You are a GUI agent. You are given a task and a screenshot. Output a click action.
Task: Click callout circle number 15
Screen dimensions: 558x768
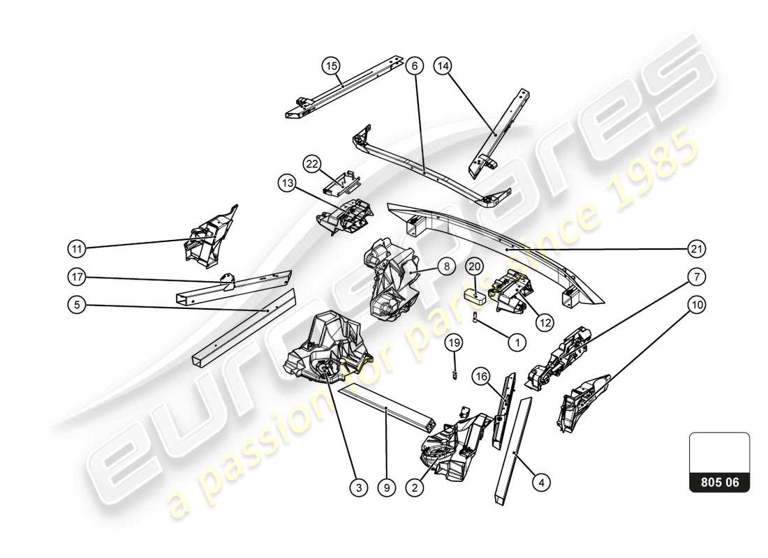tap(330, 66)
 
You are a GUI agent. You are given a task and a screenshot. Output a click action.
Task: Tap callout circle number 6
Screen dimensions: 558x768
tap(414, 66)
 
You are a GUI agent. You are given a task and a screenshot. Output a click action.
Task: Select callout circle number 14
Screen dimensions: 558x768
tap(443, 66)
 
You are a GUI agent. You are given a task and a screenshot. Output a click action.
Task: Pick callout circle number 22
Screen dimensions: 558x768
tap(312, 164)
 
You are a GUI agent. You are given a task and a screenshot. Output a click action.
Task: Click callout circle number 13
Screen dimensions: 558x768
tap(287, 183)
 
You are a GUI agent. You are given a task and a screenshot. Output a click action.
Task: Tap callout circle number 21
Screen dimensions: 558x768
tap(696, 248)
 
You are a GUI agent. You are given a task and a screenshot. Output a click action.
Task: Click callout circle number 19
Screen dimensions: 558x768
tap(455, 342)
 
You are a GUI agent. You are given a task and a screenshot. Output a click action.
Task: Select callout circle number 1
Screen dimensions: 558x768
tap(517, 342)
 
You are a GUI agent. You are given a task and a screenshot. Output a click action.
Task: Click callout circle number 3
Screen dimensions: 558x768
tap(358, 489)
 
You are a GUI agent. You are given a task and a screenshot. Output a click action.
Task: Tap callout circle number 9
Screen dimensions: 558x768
tap(386, 489)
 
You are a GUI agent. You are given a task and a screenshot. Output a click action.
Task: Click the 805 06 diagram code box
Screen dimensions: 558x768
tap(719, 482)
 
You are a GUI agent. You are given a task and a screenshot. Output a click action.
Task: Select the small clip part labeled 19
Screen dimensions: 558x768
tap(455, 374)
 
